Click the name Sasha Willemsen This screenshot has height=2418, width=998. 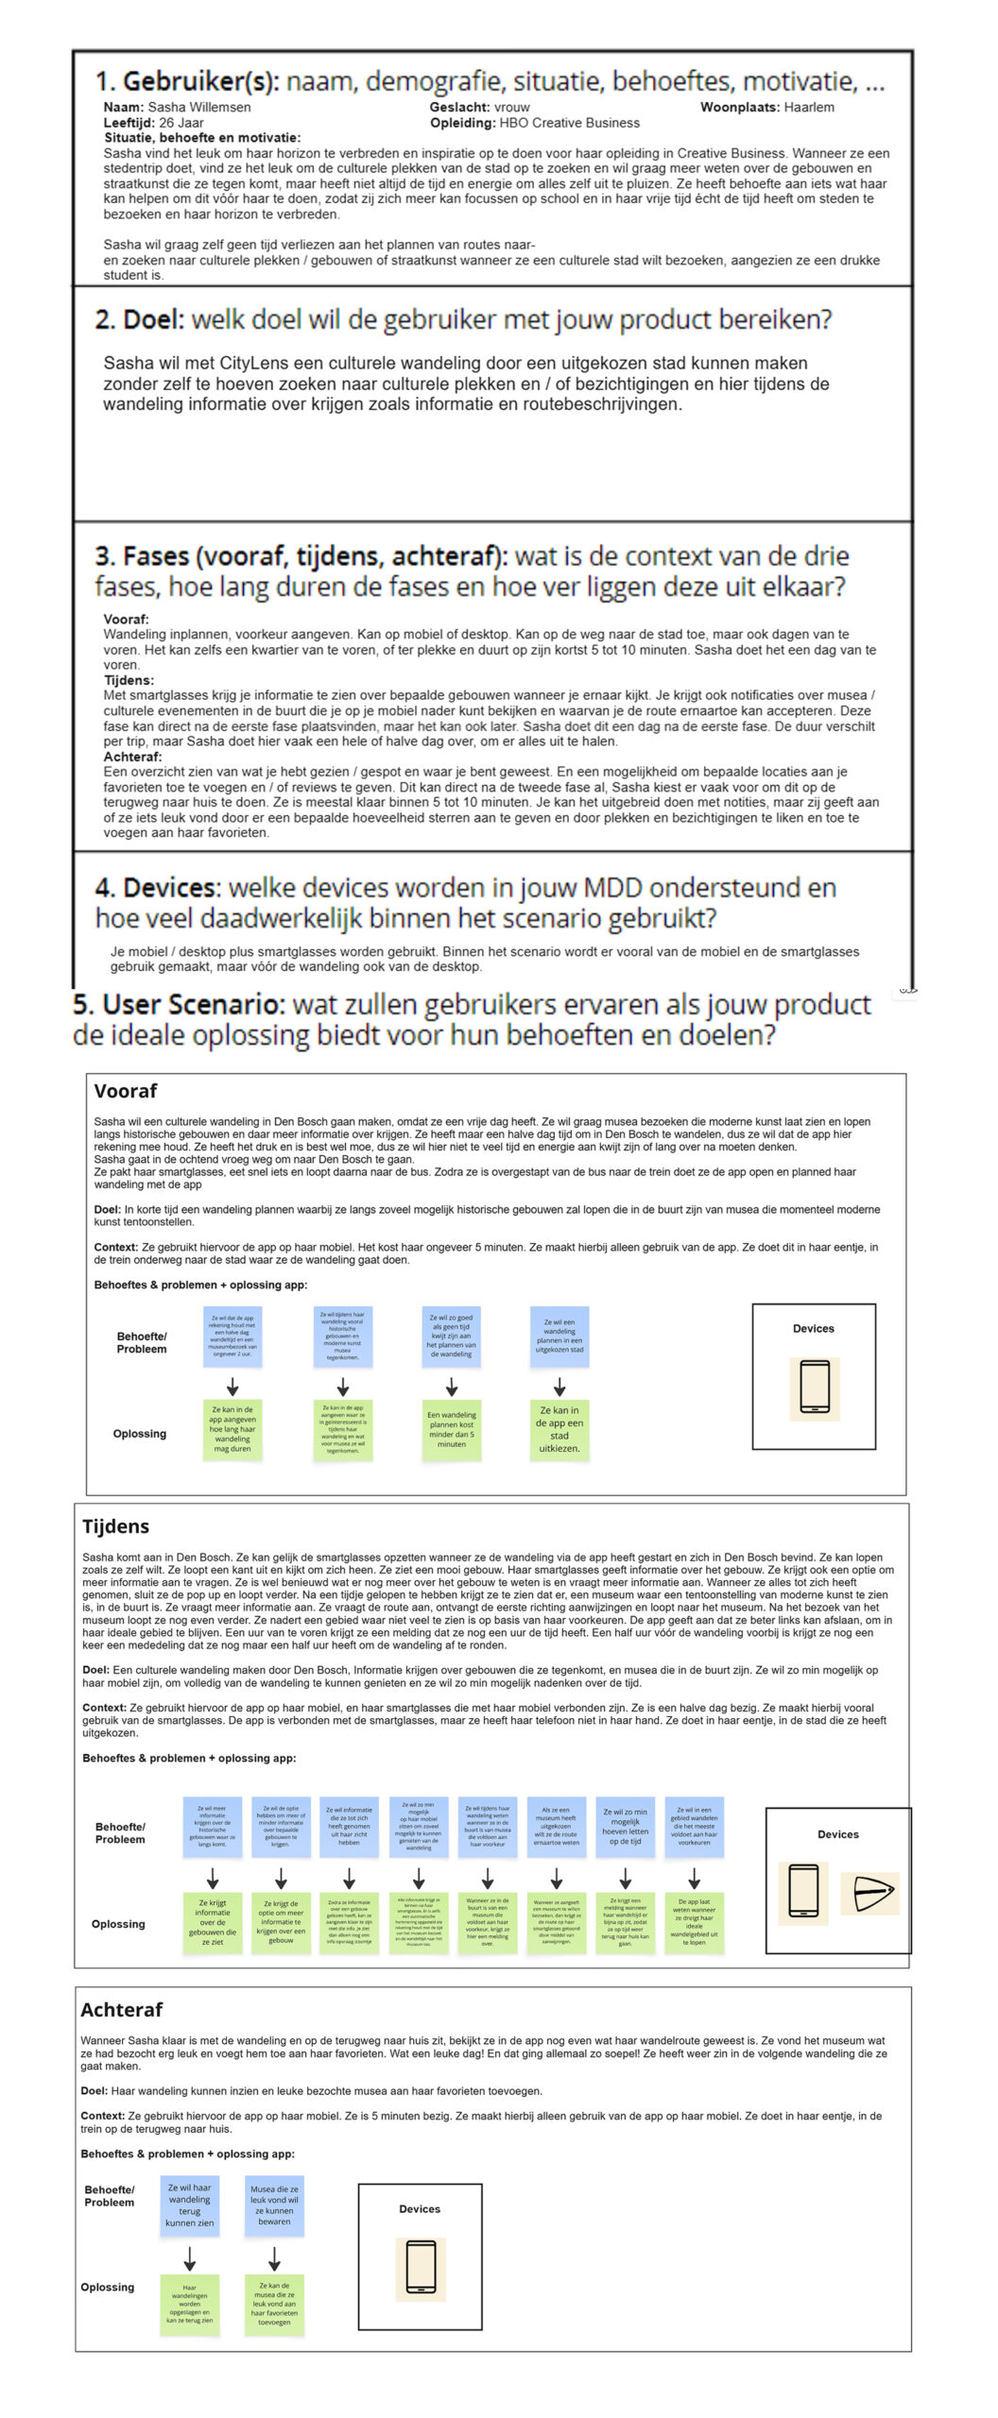click(199, 107)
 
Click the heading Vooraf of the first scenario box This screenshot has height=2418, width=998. click(126, 1091)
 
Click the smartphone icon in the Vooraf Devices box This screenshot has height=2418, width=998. click(814, 1388)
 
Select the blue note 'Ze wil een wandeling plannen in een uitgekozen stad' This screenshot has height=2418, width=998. click(559, 1337)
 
